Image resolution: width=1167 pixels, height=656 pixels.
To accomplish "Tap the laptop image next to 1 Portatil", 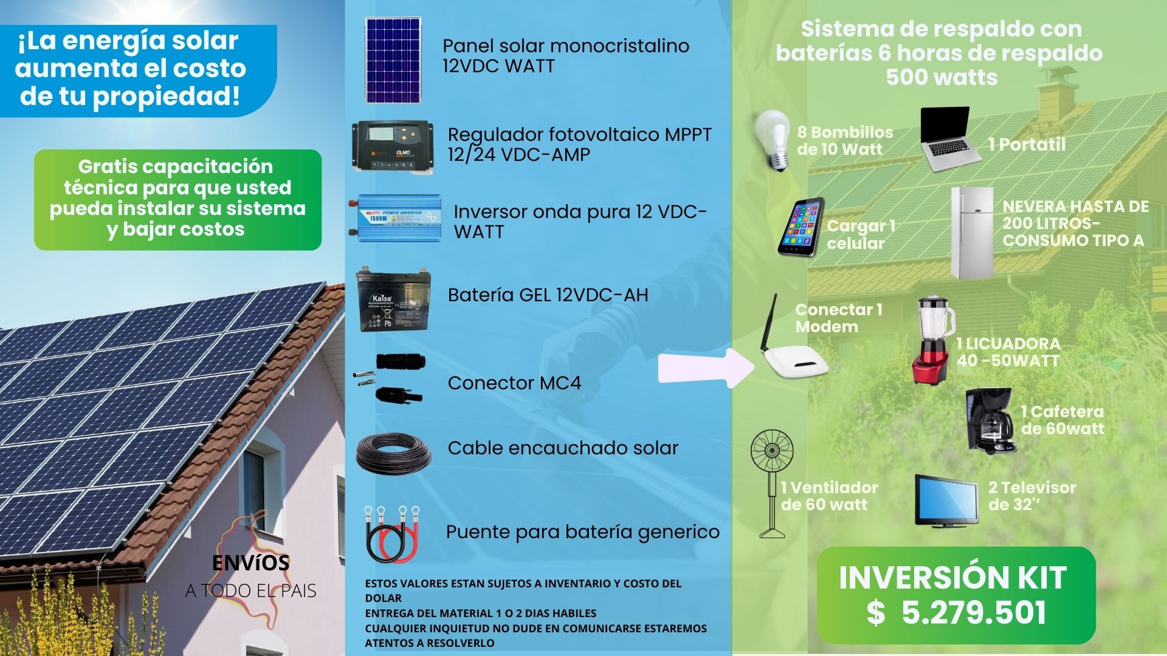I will (x=950, y=140).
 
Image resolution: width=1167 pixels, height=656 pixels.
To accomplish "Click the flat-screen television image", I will (x=947, y=501).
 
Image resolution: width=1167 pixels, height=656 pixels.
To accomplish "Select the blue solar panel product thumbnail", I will (x=393, y=60).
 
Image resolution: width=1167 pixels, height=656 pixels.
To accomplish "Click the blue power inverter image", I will (x=395, y=218).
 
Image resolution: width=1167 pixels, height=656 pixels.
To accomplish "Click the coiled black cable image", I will (x=394, y=453).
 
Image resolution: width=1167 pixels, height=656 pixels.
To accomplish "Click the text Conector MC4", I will (x=514, y=383).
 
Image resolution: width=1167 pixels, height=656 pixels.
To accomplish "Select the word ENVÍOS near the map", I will (x=250, y=563).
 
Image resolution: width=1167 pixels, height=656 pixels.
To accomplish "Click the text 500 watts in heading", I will (x=941, y=78).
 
